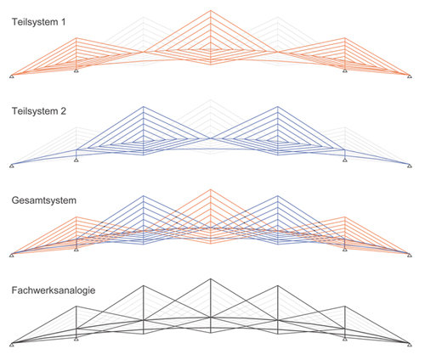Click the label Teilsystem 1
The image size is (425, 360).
38,22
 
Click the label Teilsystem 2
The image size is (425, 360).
39,111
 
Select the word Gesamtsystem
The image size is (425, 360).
44,200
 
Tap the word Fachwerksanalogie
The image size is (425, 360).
54,290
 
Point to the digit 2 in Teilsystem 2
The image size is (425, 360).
63,111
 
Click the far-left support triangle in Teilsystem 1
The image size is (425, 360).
12,76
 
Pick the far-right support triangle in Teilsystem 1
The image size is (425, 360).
410,76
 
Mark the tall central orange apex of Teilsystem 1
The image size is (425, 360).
210,10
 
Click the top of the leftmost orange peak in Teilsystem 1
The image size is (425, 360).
76,38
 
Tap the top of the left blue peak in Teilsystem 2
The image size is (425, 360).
144,107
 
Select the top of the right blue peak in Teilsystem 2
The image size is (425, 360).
278,107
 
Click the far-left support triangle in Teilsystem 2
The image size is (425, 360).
12,166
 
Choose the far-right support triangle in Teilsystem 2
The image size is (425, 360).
410,166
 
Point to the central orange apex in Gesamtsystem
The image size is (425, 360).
210,189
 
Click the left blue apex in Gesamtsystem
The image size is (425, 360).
144,196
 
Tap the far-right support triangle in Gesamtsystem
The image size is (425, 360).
410,256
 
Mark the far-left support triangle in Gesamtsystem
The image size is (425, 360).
12,256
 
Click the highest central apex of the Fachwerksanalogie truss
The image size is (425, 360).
210,279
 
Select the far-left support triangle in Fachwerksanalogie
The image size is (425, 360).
12,345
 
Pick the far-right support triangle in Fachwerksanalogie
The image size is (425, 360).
410,345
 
